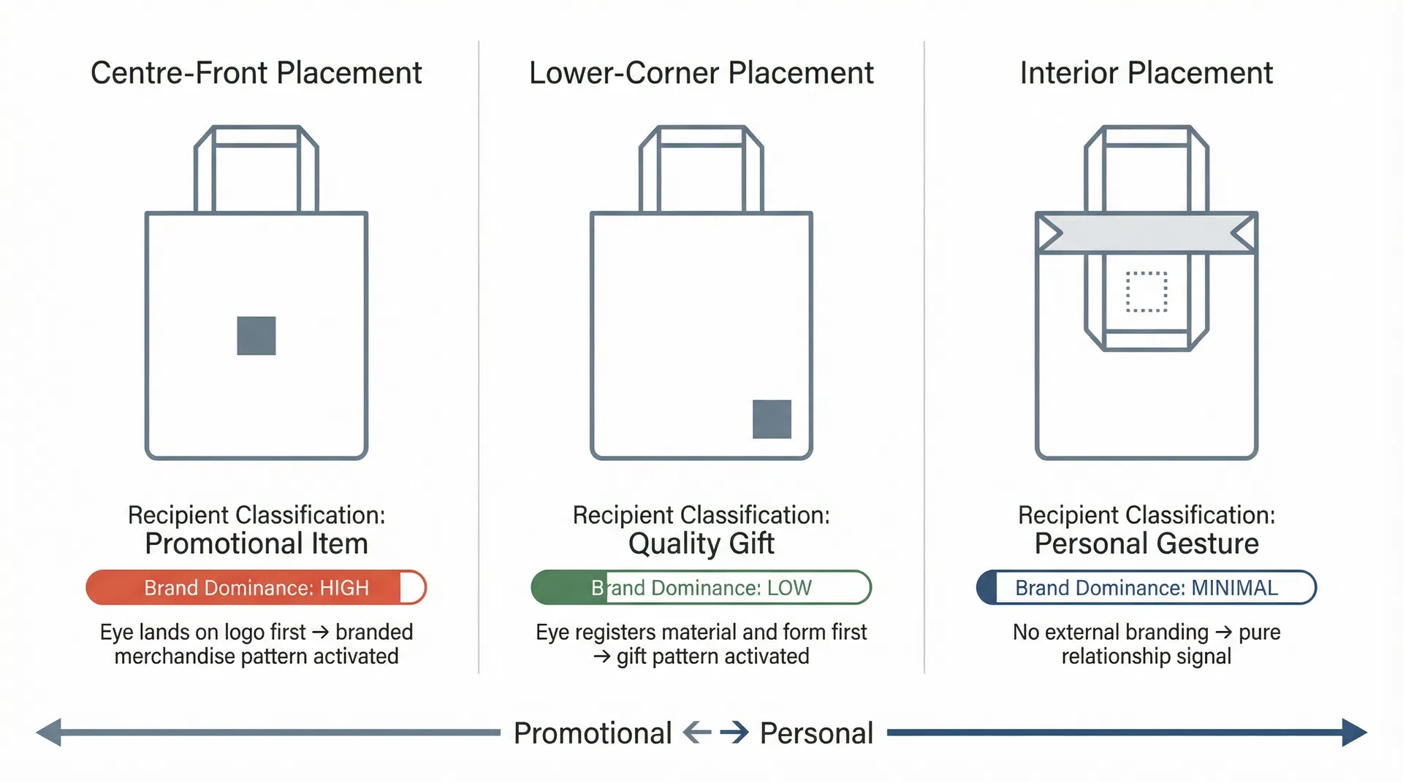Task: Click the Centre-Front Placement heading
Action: [x=256, y=73]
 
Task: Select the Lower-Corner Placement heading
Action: [x=701, y=73]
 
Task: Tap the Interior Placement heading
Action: [x=1146, y=73]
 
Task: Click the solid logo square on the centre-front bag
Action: [x=256, y=336]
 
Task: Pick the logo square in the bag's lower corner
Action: [x=772, y=419]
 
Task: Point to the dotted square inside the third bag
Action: [x=1146, y=292]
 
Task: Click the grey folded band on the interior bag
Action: [x=1146, y=234]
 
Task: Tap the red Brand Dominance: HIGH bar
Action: [x=256, y=587]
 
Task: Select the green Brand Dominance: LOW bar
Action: [x=701, y=587]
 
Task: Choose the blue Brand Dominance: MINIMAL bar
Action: [x=1146, y=587]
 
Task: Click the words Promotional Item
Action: [x=256, y=544]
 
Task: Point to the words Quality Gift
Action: [x=701, y=544]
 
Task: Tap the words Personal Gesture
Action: [x=1146, y=544]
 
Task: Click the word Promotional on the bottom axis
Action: [x=592, y=733]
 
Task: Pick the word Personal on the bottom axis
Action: [x=816, y=733]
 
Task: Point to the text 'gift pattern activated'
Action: [x=712, y=657]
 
